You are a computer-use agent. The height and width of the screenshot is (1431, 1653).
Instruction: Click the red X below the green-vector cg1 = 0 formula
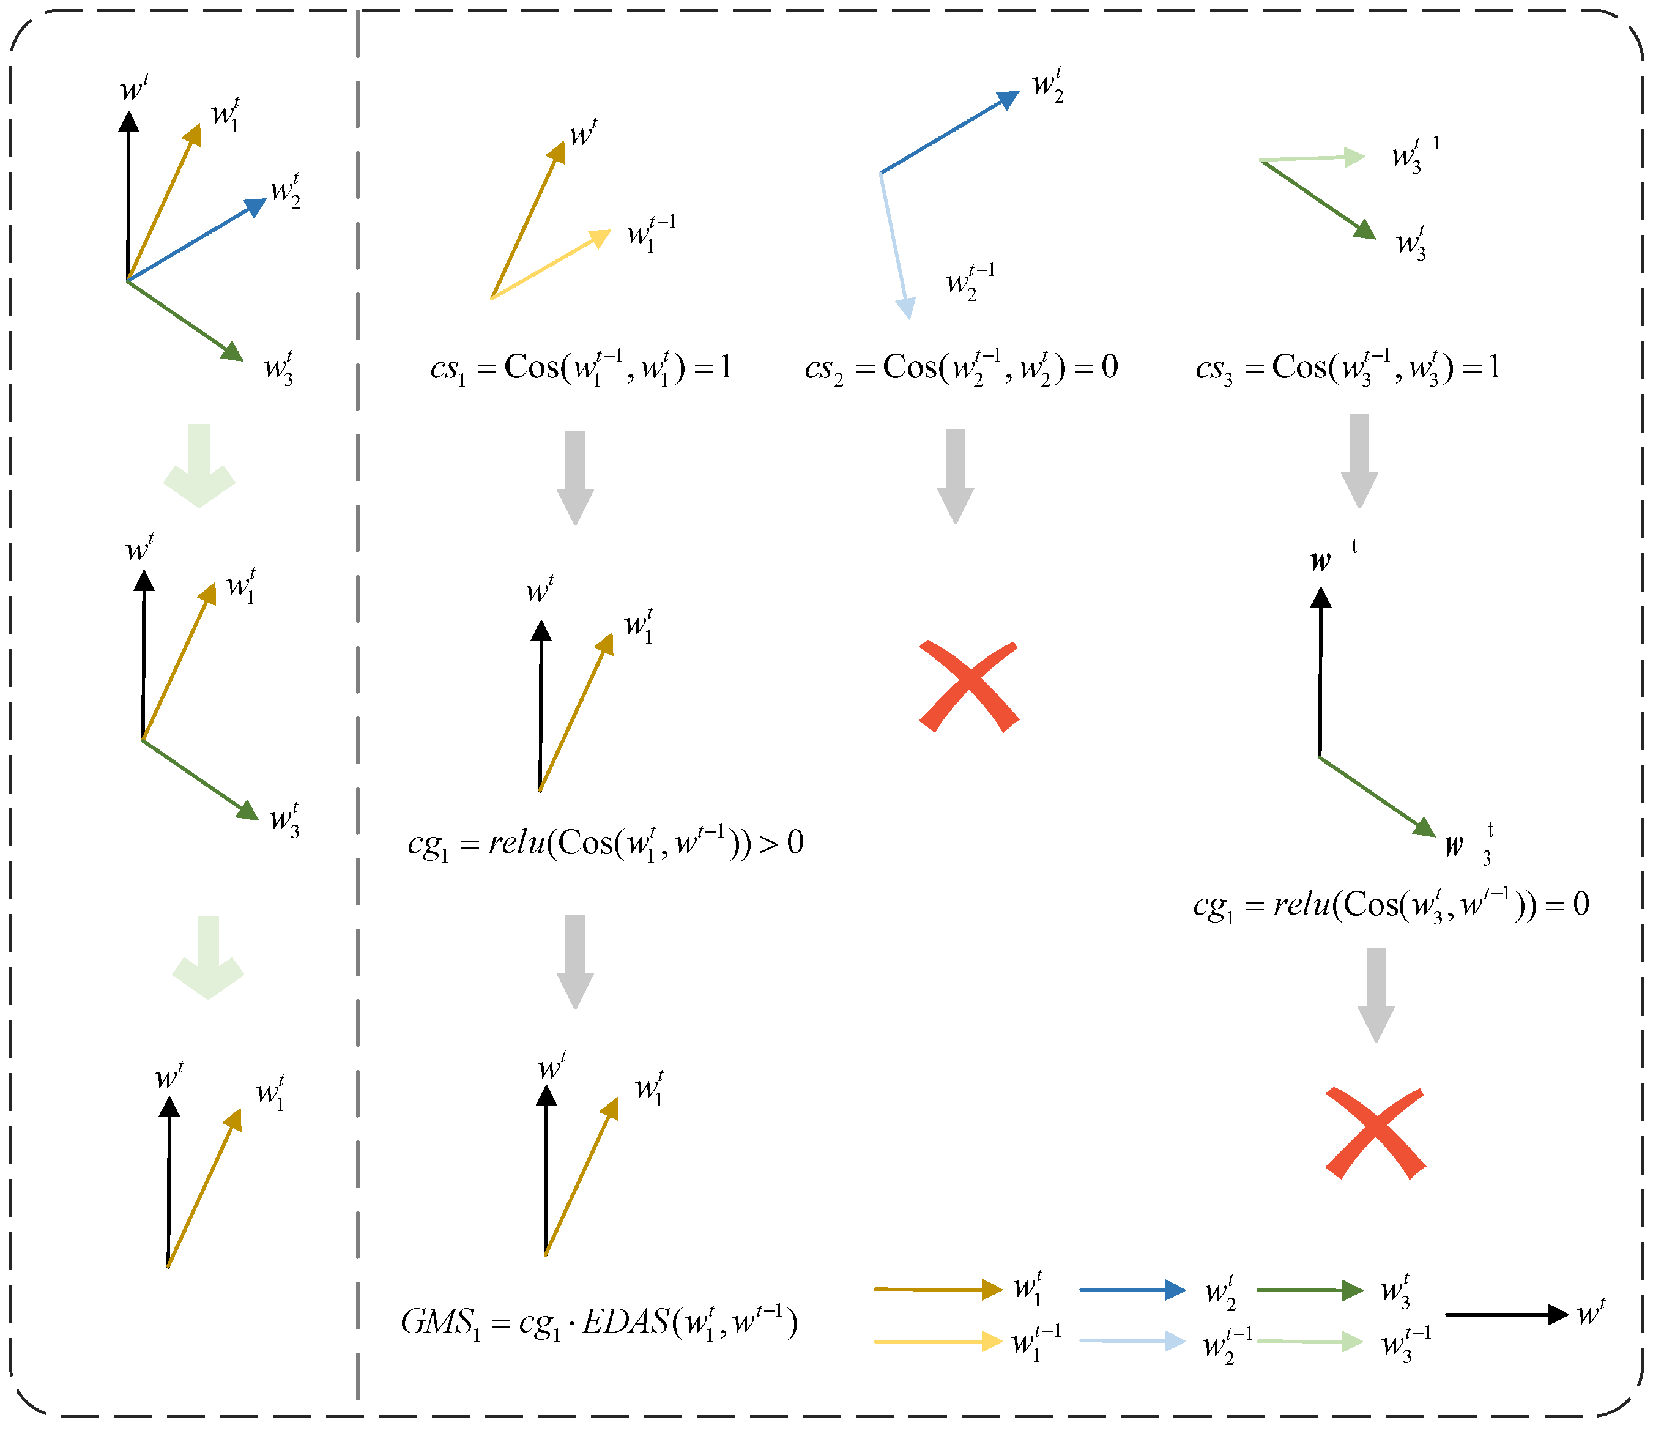pyautogui.click(x=1375, y=1132)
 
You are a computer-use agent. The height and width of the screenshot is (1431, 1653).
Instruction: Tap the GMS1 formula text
pyautogui.click(x=599, y=1322)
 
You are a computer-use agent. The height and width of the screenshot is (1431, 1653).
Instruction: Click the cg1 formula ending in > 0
pyautogui.click(x=605, y=843)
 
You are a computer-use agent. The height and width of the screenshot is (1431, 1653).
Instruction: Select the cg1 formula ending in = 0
pyautogui.click(x=1391, y=905)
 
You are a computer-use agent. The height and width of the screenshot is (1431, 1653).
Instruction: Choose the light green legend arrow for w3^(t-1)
pyautogui.click(x=1310, y=1342)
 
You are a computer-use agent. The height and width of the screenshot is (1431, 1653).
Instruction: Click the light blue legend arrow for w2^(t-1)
pyautogui.click(x=1132, y=1341)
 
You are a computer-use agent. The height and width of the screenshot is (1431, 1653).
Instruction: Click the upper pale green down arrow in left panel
pyautogui.click(x=199, y=465)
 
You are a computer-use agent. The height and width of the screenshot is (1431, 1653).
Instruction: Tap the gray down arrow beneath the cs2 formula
pyautogui.click(x=955, y=476)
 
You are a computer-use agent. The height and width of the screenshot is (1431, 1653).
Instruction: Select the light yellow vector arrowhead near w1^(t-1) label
pyautogui.click(x=598, y=237)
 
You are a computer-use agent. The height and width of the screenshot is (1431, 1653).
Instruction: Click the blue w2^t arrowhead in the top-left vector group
pyautogui.click(x=256, y=206)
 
